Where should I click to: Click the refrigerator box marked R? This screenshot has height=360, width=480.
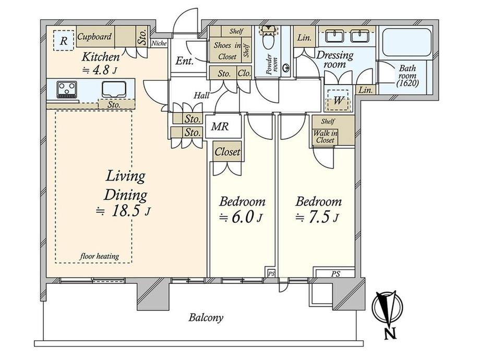(64, 40)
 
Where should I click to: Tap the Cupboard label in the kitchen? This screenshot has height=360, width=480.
(94, 37)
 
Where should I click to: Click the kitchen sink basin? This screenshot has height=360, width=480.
(114, 89)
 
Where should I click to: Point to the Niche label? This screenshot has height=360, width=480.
(159, 43)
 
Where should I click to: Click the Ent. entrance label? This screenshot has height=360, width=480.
(184, 61)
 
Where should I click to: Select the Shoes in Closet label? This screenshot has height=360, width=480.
(227, 51)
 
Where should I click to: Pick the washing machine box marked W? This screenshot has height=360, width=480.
(338, 100)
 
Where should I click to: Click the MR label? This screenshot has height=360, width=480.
(220, 126)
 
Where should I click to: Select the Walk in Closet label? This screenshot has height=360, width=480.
(325, 137)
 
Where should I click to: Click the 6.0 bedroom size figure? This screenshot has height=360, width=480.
(243, 217)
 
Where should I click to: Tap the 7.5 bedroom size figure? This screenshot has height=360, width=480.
(319, 217)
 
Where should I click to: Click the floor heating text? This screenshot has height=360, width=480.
(100, 256)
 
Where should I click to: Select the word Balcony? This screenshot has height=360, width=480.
(206, 317)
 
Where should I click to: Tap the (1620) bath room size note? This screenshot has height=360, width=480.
(407, 82)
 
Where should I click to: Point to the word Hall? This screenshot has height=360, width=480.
(201, 95)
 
